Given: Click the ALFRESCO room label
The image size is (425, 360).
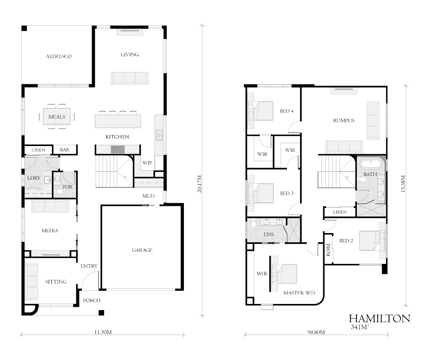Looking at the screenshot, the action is click(58, 56).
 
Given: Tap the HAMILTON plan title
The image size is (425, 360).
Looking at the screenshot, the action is click(380, 319).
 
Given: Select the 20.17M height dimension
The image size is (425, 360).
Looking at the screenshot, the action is click(199, 184).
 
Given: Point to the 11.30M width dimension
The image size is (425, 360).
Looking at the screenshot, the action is click(103, 332).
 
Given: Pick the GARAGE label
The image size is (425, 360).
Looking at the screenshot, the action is click(142, 250).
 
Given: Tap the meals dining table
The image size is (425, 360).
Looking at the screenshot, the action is click(57, 117).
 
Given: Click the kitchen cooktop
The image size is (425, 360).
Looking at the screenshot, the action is click(118, 149).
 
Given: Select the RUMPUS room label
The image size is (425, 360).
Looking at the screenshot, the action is click(344, 120).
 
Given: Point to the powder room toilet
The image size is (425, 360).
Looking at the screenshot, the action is click(58, 192).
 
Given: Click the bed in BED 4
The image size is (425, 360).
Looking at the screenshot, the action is click(260, 111).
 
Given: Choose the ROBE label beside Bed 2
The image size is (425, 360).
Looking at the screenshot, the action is click(328, 249).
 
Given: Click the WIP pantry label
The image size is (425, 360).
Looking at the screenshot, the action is click(147, 163).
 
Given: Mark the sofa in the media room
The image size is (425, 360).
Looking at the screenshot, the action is click(50, 206).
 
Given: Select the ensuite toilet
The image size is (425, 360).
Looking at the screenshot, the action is click(253, 223).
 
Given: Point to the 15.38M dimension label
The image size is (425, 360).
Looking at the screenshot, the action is click(403, 184).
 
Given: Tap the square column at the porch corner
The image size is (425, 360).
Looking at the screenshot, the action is click(101, 313).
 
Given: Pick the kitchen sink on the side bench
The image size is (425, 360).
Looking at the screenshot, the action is click(159, 135).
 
